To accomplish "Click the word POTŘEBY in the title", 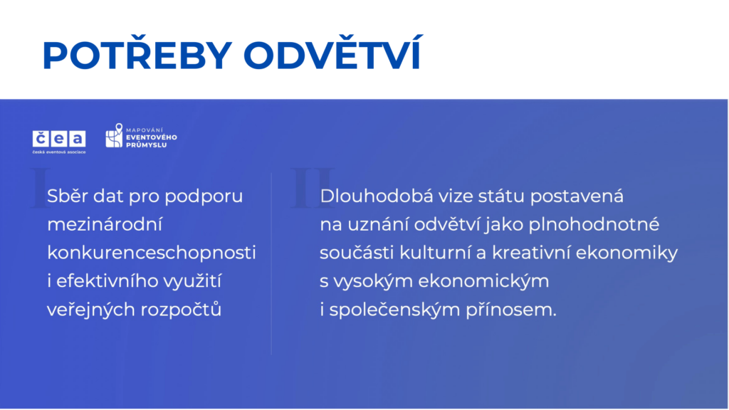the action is [137, 53].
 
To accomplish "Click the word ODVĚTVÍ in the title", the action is [333, 53].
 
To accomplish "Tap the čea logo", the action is [59, 142].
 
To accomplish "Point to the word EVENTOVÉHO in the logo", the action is [152, 137].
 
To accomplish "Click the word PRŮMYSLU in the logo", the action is [146, 145].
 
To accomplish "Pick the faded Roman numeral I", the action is [41, 188].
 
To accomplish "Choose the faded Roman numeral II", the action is [313, 188].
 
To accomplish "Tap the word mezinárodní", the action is [105, 224].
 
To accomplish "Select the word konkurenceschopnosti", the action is [152, 253].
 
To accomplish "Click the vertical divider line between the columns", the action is [271, 264].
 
